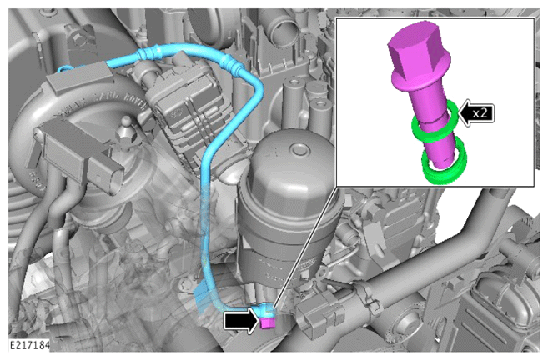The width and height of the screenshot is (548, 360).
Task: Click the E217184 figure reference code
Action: coord(29,345)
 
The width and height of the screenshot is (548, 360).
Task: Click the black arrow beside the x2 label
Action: coord(476,112)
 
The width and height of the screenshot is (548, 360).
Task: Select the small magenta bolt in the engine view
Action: coord(267,323)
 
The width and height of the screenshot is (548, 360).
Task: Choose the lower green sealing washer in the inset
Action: coord(445,162)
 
